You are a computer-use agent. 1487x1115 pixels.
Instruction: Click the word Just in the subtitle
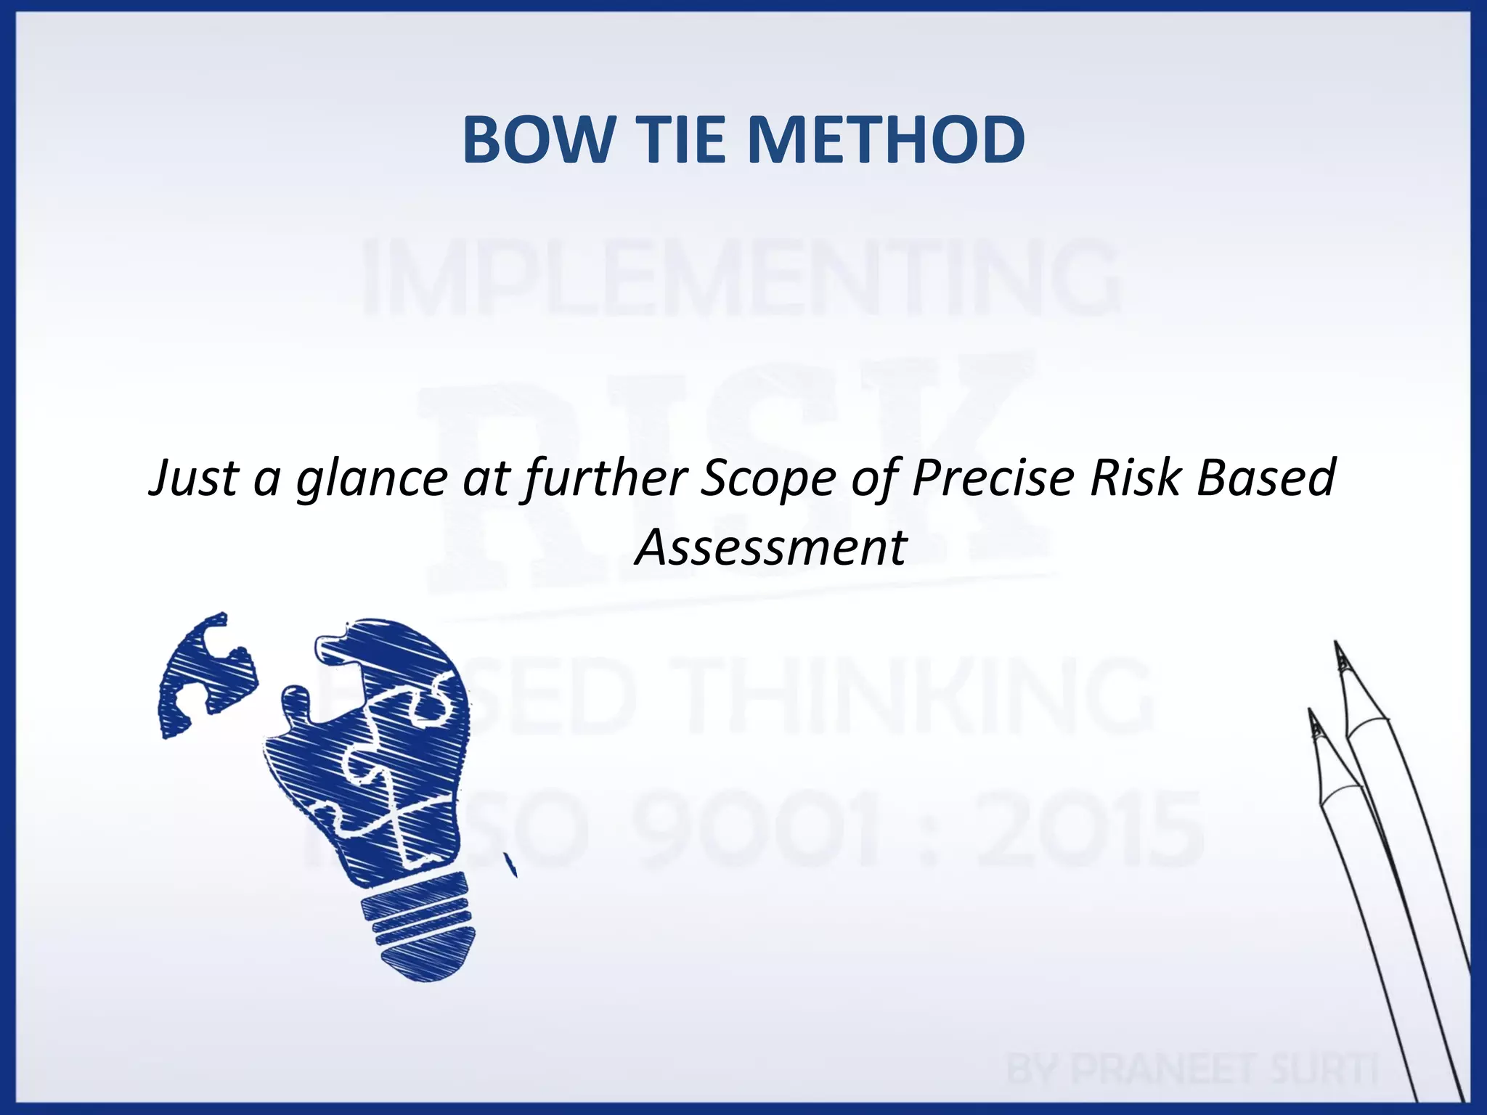[193, 479]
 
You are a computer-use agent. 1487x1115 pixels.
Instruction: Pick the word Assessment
[771, 547]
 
